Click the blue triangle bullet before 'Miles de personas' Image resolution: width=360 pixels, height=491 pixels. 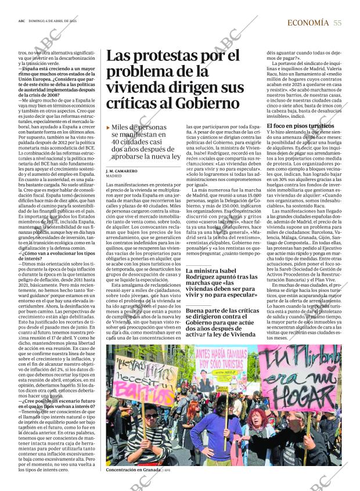click(x=109, y=127)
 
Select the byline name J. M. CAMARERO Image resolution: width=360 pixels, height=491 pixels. click(x=122, y=172)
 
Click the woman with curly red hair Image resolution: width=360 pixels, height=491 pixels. click(x=258, y=427)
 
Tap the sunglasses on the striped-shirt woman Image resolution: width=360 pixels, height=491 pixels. click(x=150, y=416)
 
